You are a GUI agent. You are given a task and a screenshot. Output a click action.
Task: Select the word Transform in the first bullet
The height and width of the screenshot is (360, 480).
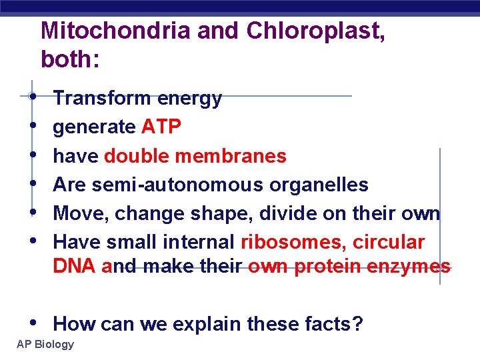point(102,99)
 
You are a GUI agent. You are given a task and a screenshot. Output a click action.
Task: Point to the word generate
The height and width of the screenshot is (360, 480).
point(94,127)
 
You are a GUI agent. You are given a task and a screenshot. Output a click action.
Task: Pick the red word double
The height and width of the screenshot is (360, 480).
point(136,156)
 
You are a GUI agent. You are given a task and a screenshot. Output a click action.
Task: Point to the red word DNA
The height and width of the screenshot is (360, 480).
point(75,267)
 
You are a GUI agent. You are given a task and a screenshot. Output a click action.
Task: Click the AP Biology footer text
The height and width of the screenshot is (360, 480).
point(45,344)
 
